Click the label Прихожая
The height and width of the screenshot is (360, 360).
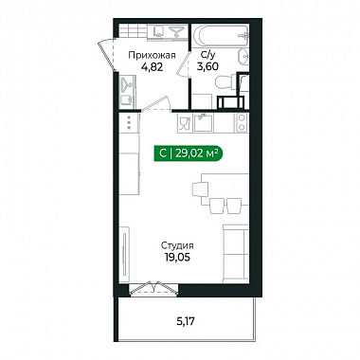(x=152, y=56)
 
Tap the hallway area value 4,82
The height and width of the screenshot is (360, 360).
(x=153, y=67)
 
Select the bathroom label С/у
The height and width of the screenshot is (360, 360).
(x=207, y=55)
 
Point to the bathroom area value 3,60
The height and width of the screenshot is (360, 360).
(x=207, y=66)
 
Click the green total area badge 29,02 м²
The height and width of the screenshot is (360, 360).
(x=189, y=153)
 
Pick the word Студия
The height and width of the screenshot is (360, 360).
(x=177, y=245)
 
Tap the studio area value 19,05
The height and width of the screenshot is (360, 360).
(x=177, y=258)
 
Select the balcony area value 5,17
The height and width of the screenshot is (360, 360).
(x=186, y=322)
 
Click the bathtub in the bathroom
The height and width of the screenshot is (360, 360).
(x=221, y=35)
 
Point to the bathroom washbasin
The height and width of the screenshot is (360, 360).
(x=243, y=58)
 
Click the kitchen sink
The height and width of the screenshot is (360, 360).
(x=204, y=122)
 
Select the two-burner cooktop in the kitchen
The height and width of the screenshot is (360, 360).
(x=242, y=122)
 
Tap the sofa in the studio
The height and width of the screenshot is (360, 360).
(x=236, y=254)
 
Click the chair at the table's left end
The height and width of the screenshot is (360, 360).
(x=200, y=189)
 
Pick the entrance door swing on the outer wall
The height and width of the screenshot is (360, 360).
(x=106, y=55)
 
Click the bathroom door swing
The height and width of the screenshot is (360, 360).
(x=183, y=63)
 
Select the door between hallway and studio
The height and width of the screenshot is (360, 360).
(x=156, y=104)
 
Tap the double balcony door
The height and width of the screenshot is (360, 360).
(x=153, y=289)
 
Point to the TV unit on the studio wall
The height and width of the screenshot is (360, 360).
(x=126, y=254)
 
